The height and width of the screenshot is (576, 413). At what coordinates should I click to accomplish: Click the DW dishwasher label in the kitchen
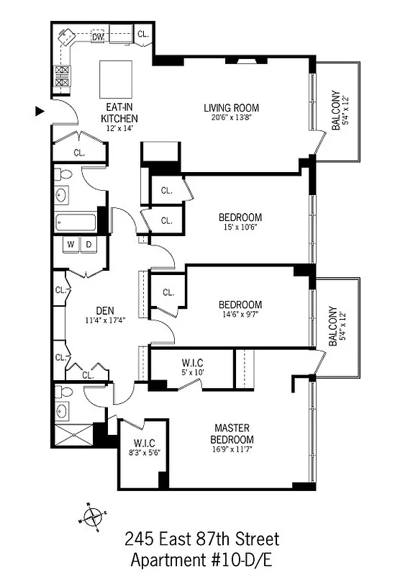click(x=98, y=35)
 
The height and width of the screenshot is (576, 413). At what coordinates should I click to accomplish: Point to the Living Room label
click(x=231, y=108)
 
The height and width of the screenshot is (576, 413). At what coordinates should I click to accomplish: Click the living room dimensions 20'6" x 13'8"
click(x=231, y=118)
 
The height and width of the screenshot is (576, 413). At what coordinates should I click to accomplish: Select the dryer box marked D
click(x=89, y=244)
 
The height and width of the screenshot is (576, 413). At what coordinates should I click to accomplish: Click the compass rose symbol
click(x=94, y=516)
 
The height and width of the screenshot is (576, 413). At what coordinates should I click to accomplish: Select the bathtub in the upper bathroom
click(x=75, y=222)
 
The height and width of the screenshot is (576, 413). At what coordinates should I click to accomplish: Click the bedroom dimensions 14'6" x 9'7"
click(x=240, y=315)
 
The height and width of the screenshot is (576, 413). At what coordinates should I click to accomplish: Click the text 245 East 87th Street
click(x=201, y=539)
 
